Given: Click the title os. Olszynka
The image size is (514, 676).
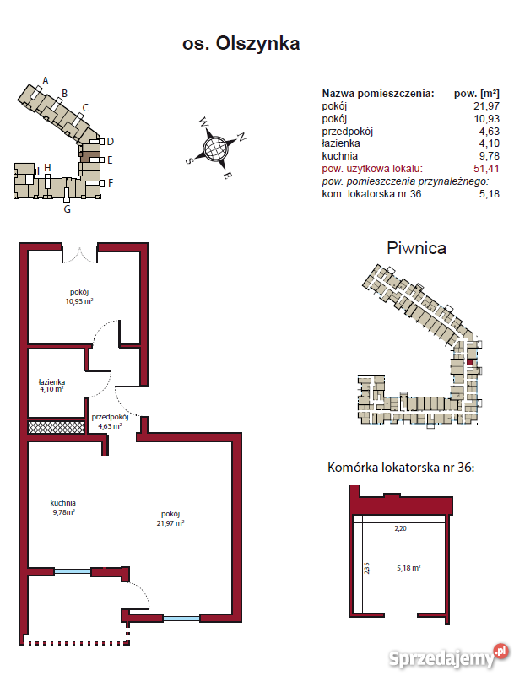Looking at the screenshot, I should pos(241,43).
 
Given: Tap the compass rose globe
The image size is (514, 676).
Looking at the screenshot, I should pos(215,149).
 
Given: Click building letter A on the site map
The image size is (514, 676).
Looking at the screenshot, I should pos(46,81).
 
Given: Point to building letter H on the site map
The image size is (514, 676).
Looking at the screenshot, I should pos(48,167).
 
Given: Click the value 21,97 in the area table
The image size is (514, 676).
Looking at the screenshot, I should pos(486,106).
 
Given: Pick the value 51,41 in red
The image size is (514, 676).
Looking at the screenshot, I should pos(486,169).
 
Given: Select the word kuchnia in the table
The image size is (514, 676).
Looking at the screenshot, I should pos(340,156).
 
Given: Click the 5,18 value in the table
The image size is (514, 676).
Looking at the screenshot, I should pos(489,194).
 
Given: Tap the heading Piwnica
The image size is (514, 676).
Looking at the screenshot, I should pos(416,248).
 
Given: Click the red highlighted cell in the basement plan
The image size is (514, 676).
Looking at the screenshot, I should pos(470,363).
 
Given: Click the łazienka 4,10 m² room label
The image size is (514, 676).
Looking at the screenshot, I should pos(51,387).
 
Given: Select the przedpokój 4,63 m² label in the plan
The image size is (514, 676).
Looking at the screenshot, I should pos(109,421).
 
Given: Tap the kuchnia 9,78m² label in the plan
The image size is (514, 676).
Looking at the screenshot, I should pos(62,507).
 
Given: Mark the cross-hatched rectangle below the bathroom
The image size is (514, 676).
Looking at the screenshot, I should pos(57,427).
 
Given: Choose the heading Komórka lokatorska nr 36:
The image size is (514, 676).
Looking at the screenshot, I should pos(400,467).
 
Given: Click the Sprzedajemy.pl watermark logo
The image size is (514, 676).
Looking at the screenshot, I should pos(465,656).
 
